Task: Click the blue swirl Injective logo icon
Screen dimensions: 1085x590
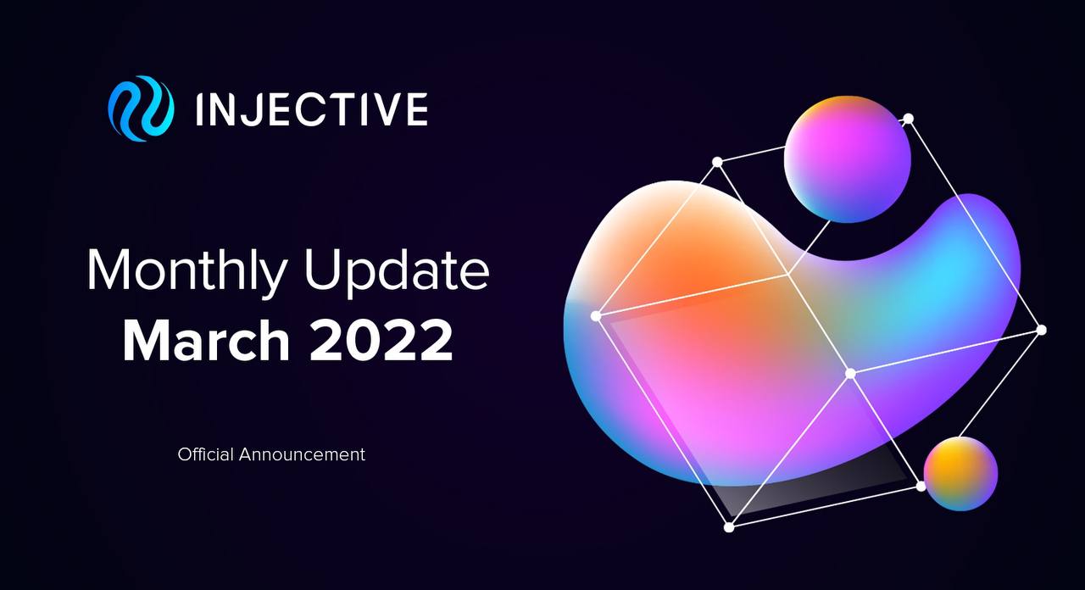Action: coord(141,109)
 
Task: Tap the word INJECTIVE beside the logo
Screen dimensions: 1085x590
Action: coord(312,109)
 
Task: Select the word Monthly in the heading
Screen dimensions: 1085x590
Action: coord(187,270)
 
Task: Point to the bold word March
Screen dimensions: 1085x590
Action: coord(206,340)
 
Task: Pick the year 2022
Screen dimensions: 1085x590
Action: coord(381,340)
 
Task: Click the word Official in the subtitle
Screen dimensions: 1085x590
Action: coord(206,454)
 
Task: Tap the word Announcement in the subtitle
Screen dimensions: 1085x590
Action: coord(302,455)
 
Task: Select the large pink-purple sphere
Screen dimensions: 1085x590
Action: coord(847,159)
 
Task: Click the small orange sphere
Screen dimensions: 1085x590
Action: coord(960,473)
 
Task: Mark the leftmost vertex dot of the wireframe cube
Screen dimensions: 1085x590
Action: coord(596,316)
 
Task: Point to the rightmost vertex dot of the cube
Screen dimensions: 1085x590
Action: coord(1041,331)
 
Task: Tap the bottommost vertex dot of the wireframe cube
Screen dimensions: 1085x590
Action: coord(729,527)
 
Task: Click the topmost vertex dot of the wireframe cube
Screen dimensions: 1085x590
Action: coord(909,119)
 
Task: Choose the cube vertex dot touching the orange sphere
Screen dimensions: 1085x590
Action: coord(921,486)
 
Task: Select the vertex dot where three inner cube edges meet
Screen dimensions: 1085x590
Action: coord(850,374)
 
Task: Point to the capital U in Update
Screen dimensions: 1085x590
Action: coord(322,270)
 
